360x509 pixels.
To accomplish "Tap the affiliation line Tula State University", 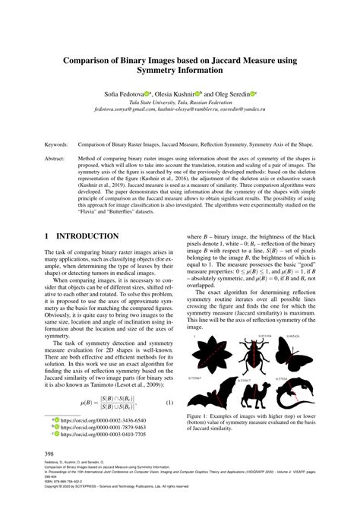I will [x=179, y=100].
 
